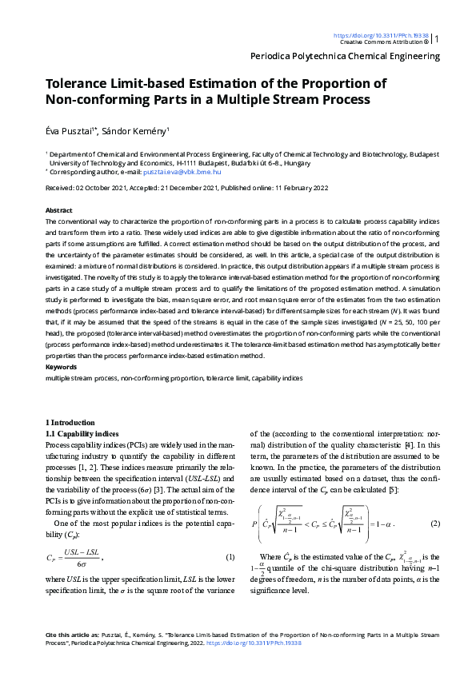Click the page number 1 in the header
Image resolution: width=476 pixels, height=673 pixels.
(x=437, y=38)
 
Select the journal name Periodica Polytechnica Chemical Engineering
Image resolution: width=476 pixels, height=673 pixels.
(x=345, y=56)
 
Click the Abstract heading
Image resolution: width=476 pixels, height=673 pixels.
(x=59, y=210)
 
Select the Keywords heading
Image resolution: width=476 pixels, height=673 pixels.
(x=62, y=367)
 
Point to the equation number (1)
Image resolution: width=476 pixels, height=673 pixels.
(x=229, y=556)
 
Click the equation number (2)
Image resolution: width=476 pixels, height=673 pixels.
(x=435, y=523)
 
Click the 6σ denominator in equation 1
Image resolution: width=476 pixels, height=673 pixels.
(x=78, y=563)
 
